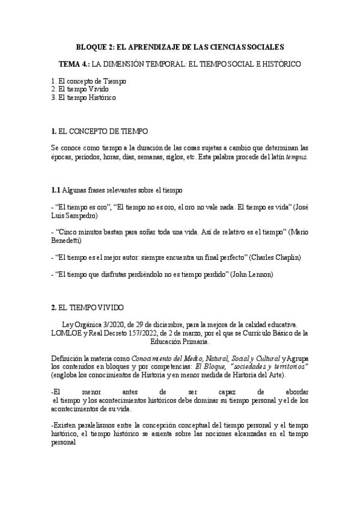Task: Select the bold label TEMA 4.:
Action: (74, 64)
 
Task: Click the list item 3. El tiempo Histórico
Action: (84, 97)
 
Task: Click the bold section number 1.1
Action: (56, 190)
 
